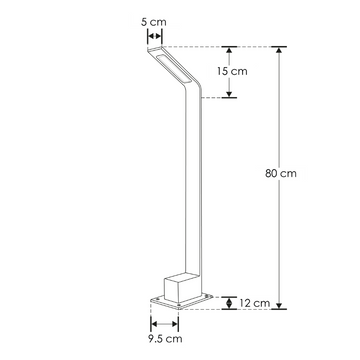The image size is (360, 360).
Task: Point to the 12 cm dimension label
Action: [251, 302]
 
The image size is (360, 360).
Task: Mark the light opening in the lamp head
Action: [178, 67]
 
